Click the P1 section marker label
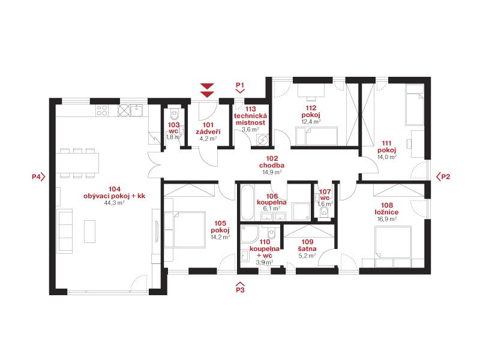241,85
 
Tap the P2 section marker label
445,176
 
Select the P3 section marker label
241,290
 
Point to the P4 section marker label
36,176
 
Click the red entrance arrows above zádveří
207,91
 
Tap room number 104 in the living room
114,189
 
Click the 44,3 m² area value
114,203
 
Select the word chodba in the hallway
272,166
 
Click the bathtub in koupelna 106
247,202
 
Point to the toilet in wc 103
175,114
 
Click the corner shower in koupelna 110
250,235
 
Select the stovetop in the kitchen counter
102,110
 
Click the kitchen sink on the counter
137,110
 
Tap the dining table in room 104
77,163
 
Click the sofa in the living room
65,231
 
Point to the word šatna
307,248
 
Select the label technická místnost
250,119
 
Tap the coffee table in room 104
90,231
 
